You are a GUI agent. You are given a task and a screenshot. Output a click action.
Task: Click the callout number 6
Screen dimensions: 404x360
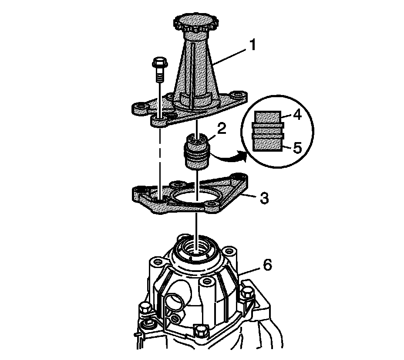click(x=267, y=265)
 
